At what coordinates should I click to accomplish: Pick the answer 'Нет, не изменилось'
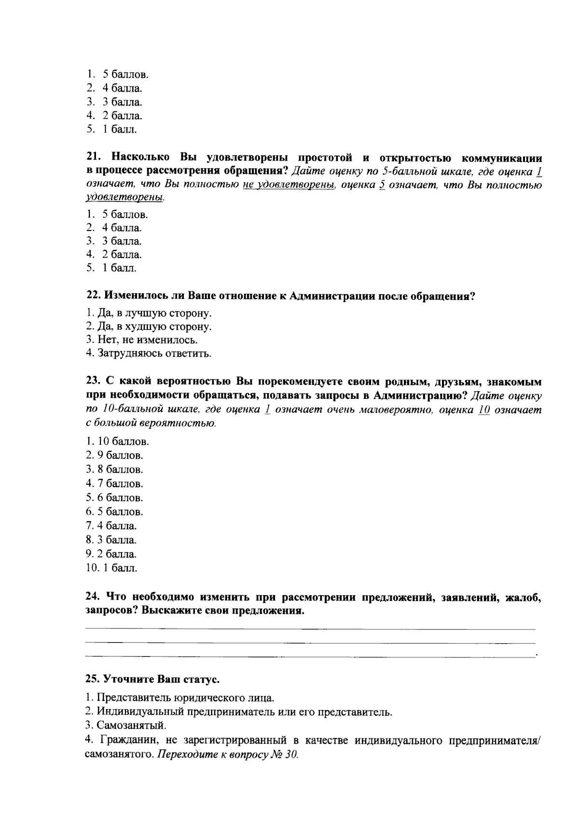point(142,340)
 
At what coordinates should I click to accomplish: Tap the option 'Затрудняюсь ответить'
point(149,354)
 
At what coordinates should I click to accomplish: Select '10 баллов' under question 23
point(117,441)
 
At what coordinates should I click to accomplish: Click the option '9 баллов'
point(114,455)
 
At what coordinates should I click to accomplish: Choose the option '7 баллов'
point(114,483)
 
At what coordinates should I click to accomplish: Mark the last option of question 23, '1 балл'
point(111,568)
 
